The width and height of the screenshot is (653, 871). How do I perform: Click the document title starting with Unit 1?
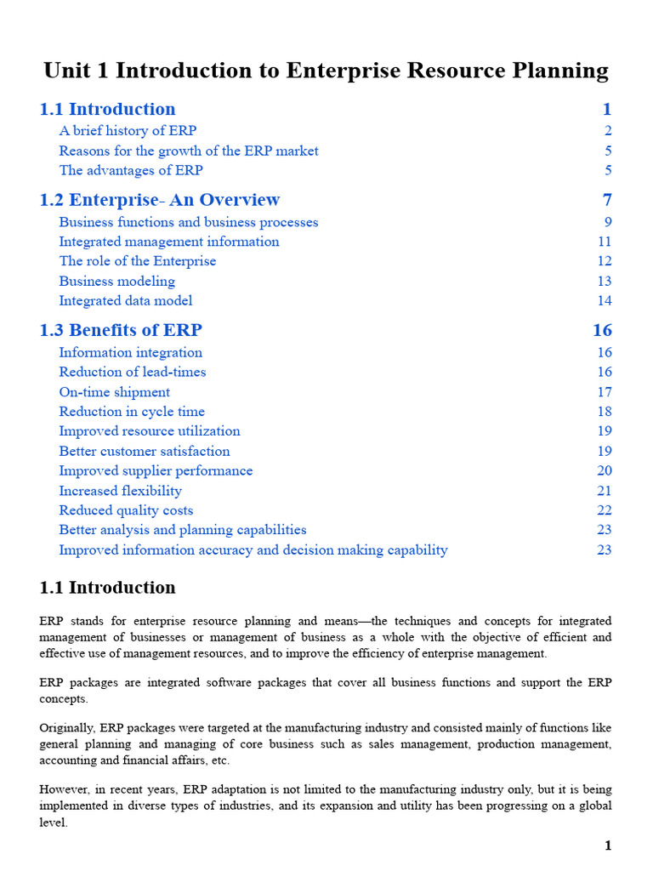tap(326, 70)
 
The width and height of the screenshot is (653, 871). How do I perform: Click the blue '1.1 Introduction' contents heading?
tap(107, 109)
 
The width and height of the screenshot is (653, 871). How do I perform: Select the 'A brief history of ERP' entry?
tap(128, 131)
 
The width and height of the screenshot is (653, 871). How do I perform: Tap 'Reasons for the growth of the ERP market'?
tap(189, 151)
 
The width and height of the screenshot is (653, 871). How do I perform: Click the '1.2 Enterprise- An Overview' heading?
tap(159, 200)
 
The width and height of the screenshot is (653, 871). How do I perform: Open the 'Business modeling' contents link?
tap(116, 281)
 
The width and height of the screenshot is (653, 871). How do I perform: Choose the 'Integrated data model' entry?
tap(126, 300)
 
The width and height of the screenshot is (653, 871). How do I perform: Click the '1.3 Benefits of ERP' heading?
tap(121, 330)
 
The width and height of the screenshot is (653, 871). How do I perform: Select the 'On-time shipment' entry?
tap(114, 392)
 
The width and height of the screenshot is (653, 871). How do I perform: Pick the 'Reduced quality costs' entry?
tap(126, 510)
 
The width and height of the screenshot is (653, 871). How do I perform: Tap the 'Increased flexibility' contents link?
tap(120, 491)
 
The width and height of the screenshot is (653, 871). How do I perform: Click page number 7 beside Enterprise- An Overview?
tap(606, 200)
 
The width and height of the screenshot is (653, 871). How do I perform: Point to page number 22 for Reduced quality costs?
tap(604, 510)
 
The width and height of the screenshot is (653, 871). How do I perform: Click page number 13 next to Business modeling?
tap(604, 281)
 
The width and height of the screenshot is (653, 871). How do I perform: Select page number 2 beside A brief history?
tap(608, 131)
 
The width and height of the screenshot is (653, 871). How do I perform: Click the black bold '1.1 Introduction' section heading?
tap(107, 588)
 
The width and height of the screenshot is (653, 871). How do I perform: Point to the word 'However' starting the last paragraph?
tap(64, 790)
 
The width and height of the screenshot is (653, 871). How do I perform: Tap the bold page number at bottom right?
tap(608, 845)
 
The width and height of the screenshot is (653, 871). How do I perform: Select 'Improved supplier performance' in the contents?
tap(156, 470)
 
